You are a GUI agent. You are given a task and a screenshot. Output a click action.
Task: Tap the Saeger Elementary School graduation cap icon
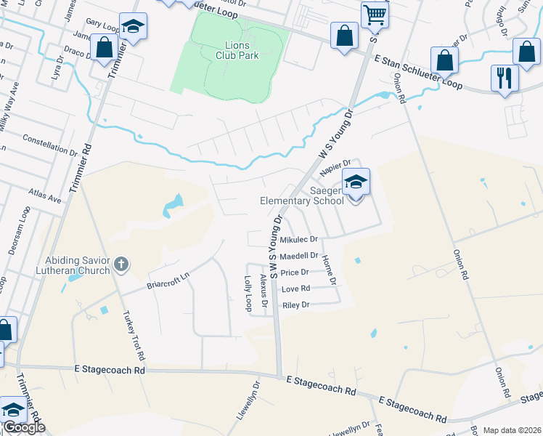356,182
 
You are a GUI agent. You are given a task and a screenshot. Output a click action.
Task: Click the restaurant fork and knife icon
505,77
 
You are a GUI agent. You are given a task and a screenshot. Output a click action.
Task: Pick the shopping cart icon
375,13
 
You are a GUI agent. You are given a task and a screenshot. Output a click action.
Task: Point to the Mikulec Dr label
299,239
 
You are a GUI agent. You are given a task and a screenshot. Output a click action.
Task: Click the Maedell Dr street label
299,256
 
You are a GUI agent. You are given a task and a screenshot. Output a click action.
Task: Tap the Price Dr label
295,272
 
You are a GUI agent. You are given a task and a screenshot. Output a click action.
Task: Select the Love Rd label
295,289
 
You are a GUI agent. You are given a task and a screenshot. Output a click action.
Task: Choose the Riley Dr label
295,305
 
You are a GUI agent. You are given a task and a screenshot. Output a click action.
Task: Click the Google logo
23,427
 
